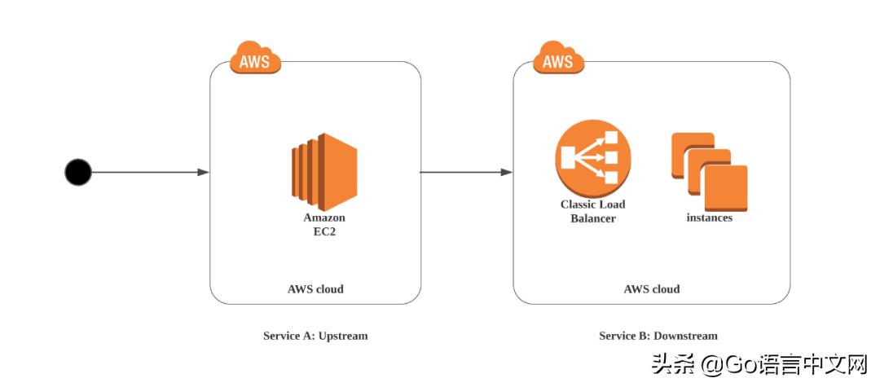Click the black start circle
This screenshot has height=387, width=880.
[78, 172]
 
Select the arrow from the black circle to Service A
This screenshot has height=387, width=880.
[147, 172]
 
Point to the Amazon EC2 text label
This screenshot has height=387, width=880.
[324, 224]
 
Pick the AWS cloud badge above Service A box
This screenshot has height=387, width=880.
[255, 59]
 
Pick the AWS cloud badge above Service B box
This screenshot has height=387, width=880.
[558, 59]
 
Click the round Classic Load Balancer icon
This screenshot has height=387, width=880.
[592, 158]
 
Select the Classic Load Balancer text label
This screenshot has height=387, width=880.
[592, 211]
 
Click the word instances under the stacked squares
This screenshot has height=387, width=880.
[709, 218]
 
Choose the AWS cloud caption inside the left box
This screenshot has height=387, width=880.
[315, 288]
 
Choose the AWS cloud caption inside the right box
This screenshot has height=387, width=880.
[652, 288]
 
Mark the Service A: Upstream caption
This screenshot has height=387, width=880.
[315, 336]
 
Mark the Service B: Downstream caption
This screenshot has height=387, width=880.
[658, 336]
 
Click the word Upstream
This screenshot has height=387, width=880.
[343, 336]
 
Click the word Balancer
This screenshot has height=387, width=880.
[592, 218]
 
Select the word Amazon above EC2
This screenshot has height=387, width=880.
[324, 218]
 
